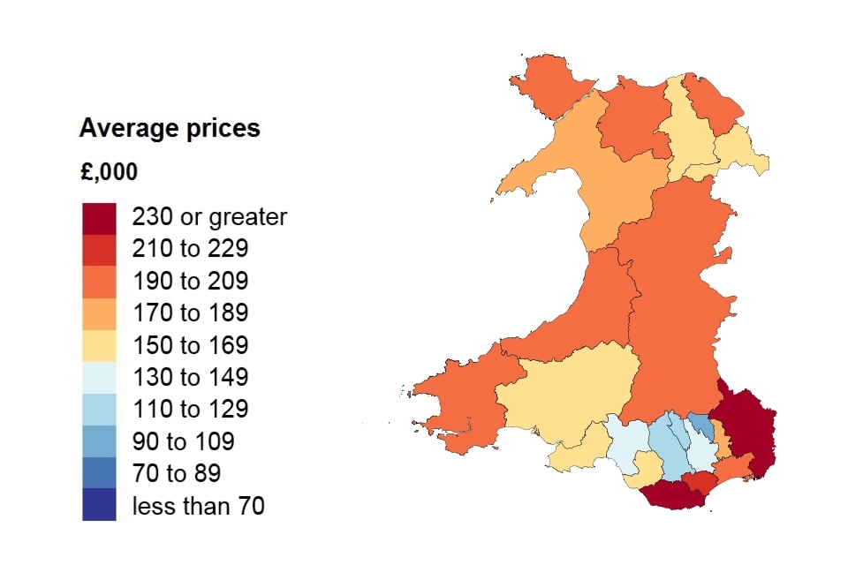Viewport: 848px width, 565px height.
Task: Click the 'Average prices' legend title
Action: point(170,128)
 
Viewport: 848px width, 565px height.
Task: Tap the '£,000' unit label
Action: point(109,172)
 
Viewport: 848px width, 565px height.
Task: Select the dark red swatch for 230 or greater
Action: point(99,217)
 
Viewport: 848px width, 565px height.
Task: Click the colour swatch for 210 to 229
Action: point(99,249)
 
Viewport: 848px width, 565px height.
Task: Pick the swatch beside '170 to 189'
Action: point(99,313)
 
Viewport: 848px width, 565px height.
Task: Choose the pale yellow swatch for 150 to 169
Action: point(99,345)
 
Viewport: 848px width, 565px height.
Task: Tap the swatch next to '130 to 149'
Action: point(99,377)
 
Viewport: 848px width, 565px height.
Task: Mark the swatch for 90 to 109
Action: point(99,441)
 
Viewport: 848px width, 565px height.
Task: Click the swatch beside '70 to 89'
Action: point(99,473)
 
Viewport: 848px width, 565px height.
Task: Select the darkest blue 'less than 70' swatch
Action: point(99,506)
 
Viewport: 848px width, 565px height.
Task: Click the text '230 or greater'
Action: point(209,217)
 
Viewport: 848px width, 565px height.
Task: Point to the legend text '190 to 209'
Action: point(190,281)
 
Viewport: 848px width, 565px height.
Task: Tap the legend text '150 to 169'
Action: point(190,345)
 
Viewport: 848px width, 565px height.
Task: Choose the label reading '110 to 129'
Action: point(190,410)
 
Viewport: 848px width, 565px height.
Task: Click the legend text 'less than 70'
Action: point(198,506)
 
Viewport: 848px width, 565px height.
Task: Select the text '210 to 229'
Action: point(190,249)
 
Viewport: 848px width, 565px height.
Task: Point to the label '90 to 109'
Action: point(183,441)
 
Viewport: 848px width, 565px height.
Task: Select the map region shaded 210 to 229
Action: point(698,482)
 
